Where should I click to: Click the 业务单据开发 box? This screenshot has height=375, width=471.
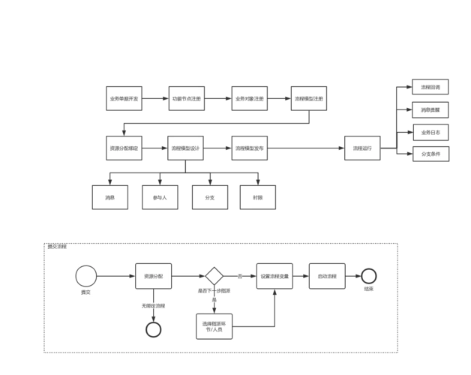[x=124, y=98]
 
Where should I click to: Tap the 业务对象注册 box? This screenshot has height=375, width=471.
[x=249, y=98]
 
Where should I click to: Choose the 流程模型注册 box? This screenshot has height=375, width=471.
[x=309, y=98]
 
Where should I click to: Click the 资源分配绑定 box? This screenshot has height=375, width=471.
[x=124, y=148]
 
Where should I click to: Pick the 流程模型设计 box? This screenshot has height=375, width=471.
[x=184, y=148]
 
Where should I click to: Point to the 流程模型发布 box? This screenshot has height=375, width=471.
[x=249, y=148]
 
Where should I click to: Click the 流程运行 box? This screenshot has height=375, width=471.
[x=363, y=148]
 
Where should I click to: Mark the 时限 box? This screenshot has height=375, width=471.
[x=257, y=197]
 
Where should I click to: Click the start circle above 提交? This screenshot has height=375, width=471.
[x=85, y=276]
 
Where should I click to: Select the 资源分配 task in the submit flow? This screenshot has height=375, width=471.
[x=154, y=276]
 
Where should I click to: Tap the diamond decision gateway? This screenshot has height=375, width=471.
[x=214, y=276]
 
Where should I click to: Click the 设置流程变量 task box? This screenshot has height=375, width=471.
[x=274, y=276]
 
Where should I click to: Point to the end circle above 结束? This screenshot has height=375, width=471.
[x=368, y=276]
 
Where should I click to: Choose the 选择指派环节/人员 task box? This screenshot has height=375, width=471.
[x=214, y=325]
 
